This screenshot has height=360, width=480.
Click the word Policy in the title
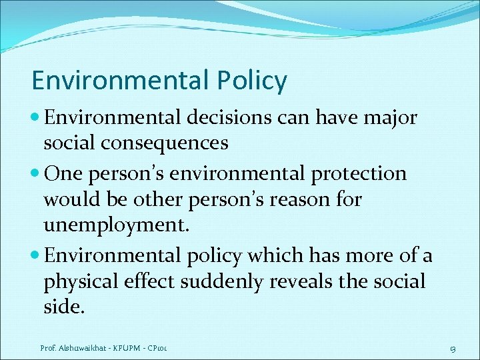pyautogui.click(x=252, y=81)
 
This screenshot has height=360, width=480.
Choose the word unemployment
pyautogui.click(x=117, y=224)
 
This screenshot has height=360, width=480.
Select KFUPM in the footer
pyautogui.click(x=133, y=347)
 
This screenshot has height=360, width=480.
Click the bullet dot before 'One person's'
pyautogui.click(x=36, y=173)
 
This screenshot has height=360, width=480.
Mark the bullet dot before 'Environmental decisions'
pyautogui.click(x=36, y=119)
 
